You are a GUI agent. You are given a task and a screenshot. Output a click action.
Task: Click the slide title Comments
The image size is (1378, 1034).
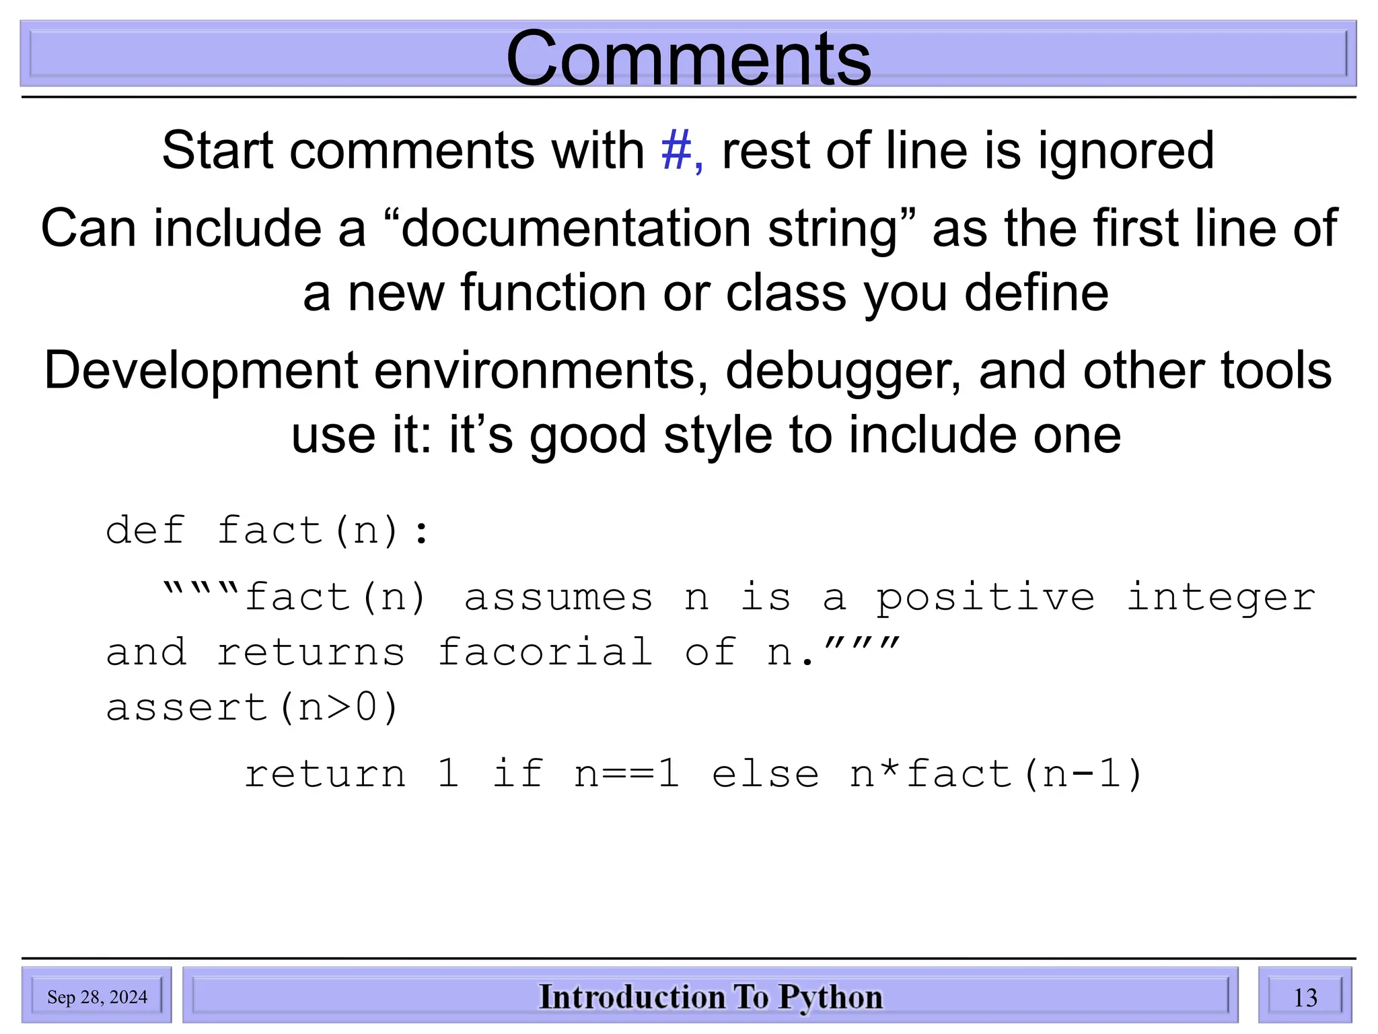[688, 59]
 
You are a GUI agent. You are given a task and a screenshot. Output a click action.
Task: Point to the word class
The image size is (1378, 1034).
[785, 294]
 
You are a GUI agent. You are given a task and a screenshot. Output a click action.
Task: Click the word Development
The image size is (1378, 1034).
[201, 371]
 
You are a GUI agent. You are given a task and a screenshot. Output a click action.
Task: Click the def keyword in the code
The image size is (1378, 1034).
[145, 530]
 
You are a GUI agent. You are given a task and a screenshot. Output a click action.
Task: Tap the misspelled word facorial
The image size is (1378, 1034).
[545, 652]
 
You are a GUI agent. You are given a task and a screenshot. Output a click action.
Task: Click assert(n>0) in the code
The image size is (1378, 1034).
[253, 708]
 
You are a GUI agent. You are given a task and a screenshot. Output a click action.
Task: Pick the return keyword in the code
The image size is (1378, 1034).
[325, 773]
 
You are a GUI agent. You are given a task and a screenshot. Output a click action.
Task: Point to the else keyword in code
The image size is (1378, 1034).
[766, 773]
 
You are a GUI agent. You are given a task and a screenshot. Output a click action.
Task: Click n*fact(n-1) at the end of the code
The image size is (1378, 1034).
[996, 773]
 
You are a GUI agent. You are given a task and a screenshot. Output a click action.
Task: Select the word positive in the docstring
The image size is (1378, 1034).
[985, 598]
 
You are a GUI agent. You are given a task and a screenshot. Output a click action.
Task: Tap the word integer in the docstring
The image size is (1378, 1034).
[1221, 598]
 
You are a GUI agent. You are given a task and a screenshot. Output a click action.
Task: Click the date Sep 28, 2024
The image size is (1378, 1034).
[97, 997]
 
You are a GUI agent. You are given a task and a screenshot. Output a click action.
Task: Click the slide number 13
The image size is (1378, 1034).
[1305, 997]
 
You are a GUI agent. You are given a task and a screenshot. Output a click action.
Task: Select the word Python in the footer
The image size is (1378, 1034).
[830, 998]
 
